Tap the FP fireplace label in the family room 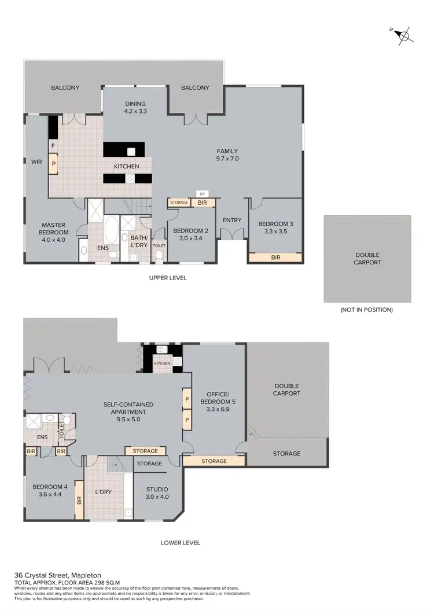(201, 194)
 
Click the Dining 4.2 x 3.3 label (135, 108)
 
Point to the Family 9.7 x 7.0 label (227, 155)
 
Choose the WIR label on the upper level (36, 162)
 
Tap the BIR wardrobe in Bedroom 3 (275, 258)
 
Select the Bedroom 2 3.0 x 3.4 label (189, 234)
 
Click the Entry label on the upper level (231, 219)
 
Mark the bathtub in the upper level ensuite (110, 230)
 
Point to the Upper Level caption (168, 278)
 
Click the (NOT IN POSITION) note (367, 310)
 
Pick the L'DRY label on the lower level (102, 492)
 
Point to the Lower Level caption (181, 543)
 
